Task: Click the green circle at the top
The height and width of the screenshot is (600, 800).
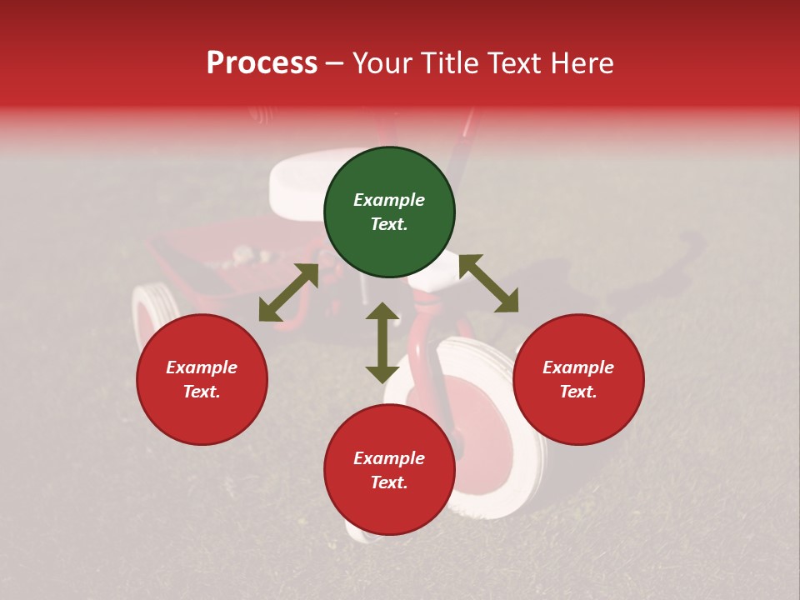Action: tap(389, 212)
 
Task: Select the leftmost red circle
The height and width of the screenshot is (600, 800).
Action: tap(202, 379)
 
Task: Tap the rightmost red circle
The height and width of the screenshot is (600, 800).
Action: tap(578, 379)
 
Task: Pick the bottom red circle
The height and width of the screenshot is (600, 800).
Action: tap(389, 470)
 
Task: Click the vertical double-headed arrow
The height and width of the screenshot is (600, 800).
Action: tap(382, 342)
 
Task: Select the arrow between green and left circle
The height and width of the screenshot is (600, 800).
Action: tap(288, 292)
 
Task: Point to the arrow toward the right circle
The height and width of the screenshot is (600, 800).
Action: tap(488, 283)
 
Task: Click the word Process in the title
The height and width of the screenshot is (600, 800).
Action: tap(262, 63)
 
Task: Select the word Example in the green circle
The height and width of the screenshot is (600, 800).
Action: tap(389, 200)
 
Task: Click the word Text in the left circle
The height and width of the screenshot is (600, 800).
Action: tap(202, 392)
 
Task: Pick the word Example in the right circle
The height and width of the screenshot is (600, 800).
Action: tap(578, 367)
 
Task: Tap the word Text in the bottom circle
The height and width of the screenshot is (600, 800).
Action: tap(389, 482)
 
